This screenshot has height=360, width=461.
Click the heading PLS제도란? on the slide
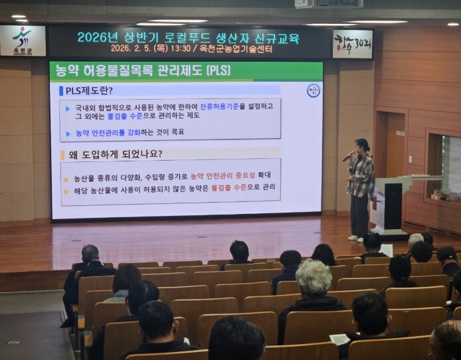click(x=89, y=90)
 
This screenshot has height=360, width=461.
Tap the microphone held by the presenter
click(x=347, y=157)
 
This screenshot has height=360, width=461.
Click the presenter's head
click(x=362, y=145)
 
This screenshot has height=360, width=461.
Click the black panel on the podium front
click(x=393, y=207)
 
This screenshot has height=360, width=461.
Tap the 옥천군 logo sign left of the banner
click(x=23, y=41)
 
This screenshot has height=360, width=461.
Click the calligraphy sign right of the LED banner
click(x=352, y=44)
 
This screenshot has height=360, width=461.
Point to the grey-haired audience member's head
click(x=313, y=278)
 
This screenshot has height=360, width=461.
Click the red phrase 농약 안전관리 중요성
click(x=221, y=175)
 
